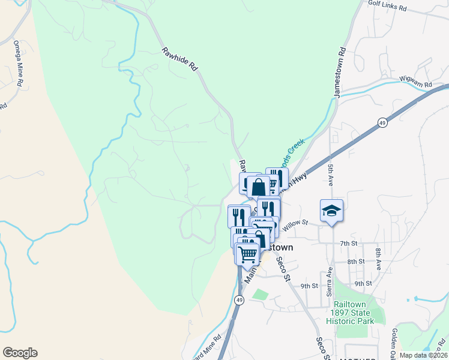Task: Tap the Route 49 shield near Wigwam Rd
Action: [382, 122]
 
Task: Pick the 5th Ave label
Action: [331, 171]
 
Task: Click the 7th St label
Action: [348, 244]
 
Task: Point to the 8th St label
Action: [355, 262]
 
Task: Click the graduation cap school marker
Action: [331, 210]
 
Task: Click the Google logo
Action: [20, 353]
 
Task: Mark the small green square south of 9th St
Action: [259, 295]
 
